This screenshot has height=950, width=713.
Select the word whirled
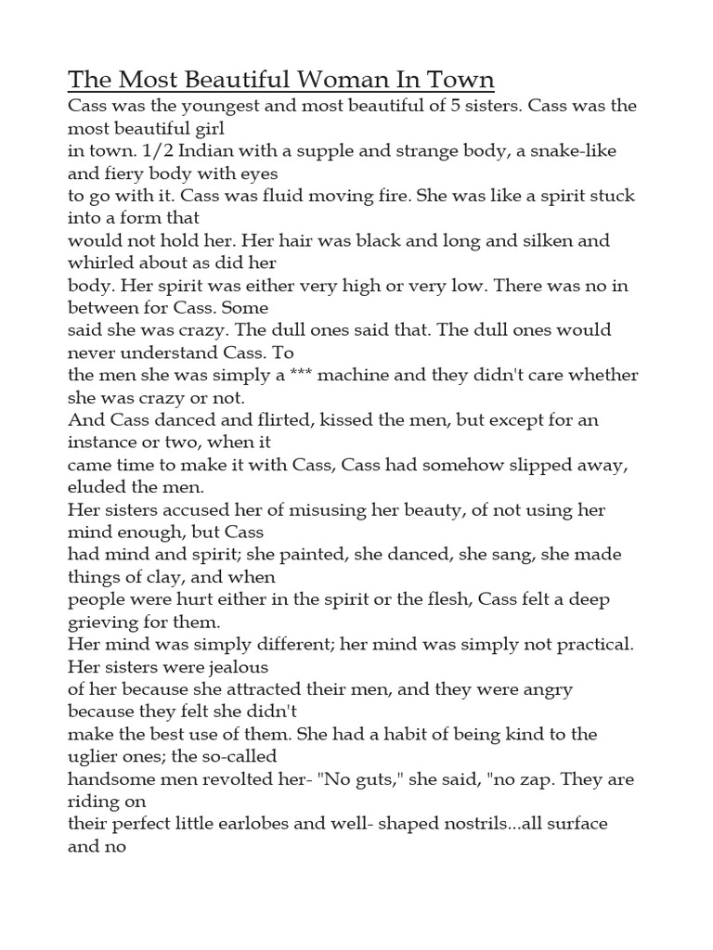103,263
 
